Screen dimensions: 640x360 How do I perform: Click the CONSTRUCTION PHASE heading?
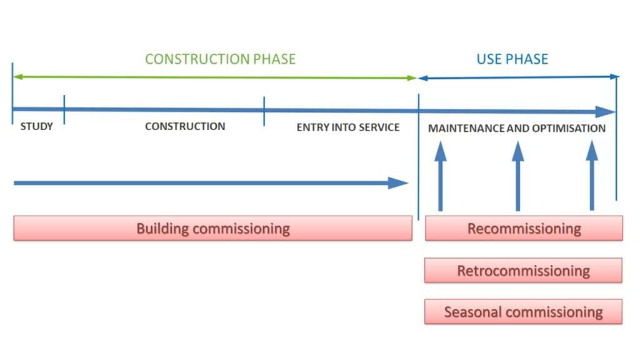[220, 59]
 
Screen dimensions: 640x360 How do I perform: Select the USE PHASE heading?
[512, 59]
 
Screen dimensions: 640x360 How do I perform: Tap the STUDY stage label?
[37, 126]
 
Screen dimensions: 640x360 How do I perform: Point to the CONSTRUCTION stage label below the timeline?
[185, 126]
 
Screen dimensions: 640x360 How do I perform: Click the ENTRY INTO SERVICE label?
[347, 127]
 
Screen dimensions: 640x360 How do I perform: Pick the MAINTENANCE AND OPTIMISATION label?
[517, 128]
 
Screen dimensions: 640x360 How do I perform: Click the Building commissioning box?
[212, 228]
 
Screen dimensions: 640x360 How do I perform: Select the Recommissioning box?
[524, 228]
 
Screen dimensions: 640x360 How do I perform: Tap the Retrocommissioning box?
[523, 270]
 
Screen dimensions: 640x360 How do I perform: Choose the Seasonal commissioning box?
[523, 312]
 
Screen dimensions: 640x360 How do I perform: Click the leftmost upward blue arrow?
[441, 176]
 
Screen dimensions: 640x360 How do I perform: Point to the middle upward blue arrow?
[518, 176]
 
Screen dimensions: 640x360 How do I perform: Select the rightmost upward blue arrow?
[592, 176]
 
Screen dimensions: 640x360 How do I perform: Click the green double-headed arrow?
[215, 77]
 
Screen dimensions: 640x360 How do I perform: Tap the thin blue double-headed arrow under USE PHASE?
[519, 77]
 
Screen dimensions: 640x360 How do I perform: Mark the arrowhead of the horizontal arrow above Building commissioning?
[398, 183]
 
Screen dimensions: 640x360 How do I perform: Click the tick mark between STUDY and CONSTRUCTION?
[64, 109]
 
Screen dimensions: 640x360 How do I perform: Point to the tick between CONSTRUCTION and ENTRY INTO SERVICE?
[264, 111]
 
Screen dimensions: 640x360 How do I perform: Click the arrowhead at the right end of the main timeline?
[605, 111]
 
